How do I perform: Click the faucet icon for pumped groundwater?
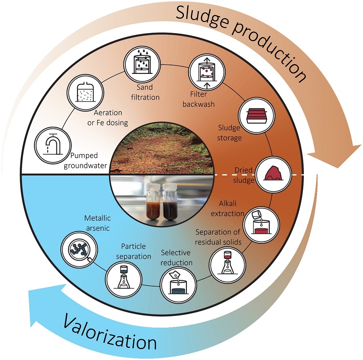coord(52,145)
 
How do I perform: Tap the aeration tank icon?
coord(85,92)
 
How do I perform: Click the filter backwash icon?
coord(207,71)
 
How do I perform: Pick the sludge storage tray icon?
coord(257,115)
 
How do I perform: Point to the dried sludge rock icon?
coord(274,174)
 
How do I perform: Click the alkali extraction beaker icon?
coord(261,225)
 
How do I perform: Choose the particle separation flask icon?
coord(123,279)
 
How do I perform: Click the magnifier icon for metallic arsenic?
coord(79,250)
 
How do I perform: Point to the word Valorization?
coord(110,333)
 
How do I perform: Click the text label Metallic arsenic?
coord(98,223)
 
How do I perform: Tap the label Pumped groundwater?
coord(85,160)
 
